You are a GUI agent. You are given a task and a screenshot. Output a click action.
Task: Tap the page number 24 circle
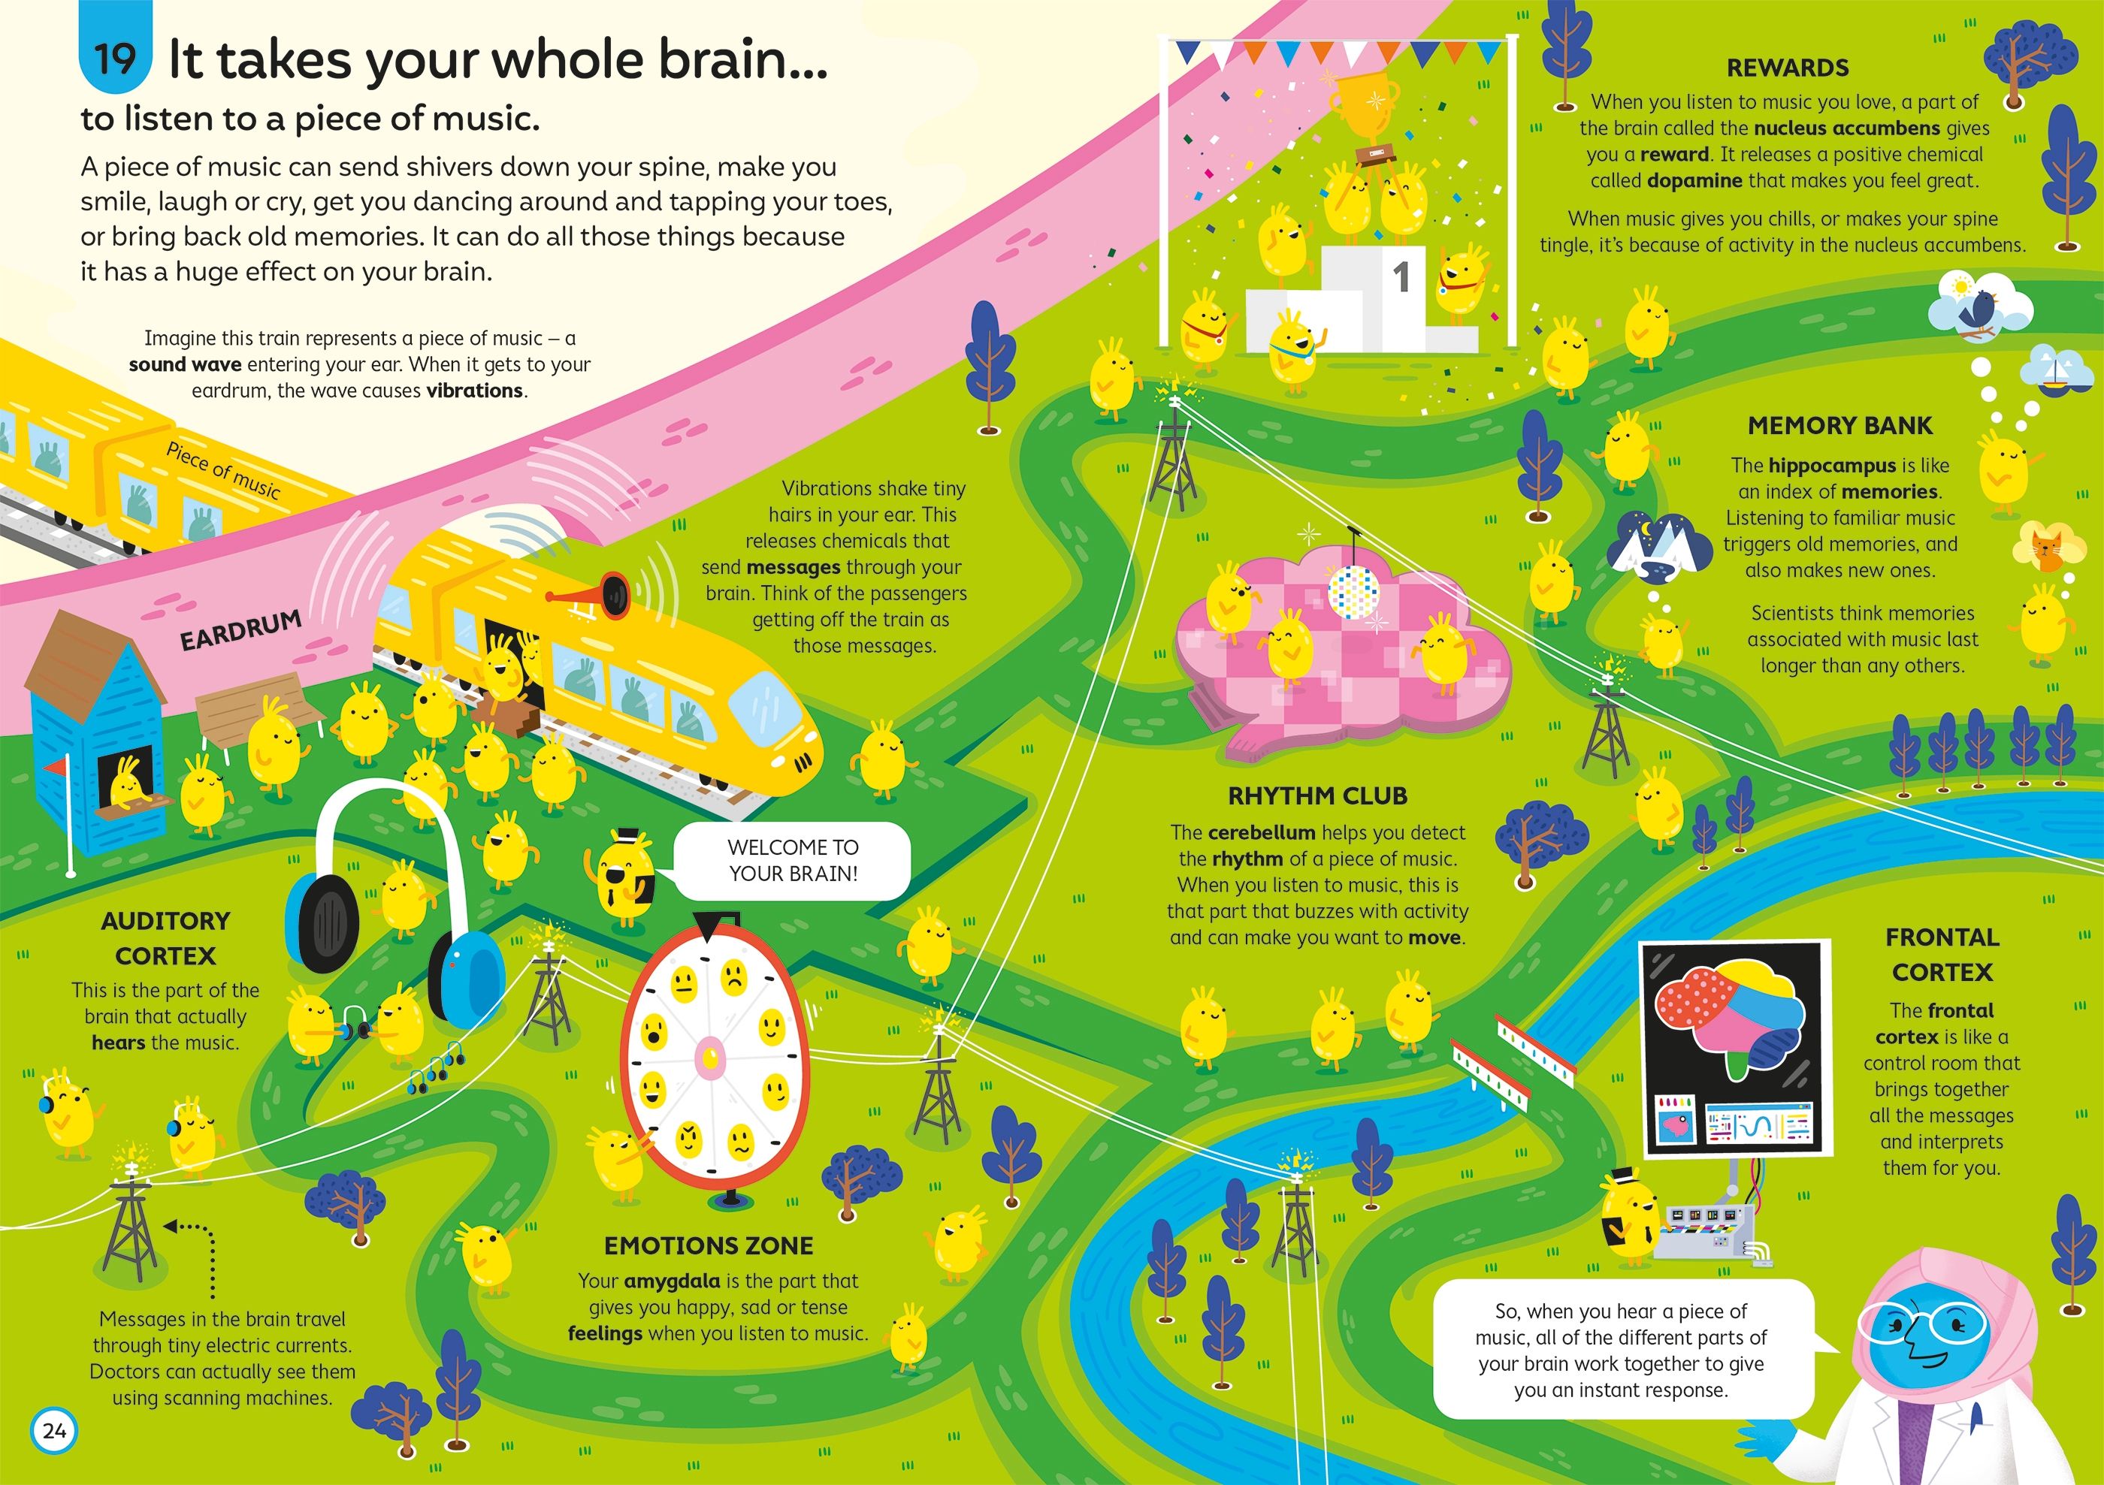[x=54, y=1431]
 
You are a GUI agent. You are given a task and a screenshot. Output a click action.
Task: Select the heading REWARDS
[x=1787, y=68]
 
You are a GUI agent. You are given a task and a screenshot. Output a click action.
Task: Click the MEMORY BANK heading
[x=1839, y=425]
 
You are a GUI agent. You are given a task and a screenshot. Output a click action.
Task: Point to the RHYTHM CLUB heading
[x=1317, y=796]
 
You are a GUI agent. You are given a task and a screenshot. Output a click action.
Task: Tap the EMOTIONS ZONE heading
[x=709, y=1246]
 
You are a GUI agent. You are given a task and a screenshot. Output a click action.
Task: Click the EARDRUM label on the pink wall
[x=241, y=630]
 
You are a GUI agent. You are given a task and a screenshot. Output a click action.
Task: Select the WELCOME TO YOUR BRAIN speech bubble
[x=792, y=860]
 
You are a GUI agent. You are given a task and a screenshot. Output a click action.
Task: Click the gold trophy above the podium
[x=1365, y=105]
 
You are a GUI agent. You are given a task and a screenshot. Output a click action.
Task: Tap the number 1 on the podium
[x=1400, y=276]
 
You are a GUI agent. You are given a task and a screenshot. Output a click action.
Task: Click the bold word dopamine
[x=1694, y=180]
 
